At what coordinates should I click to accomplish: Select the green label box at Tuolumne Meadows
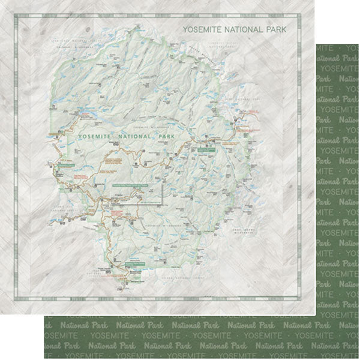(208, 150)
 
